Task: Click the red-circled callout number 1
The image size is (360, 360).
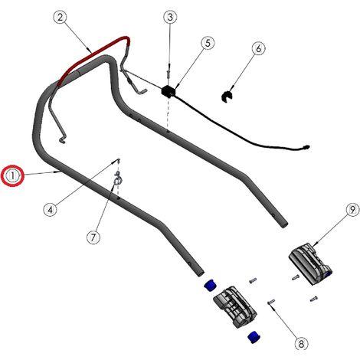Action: [13, 176]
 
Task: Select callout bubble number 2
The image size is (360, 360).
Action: [60, 18]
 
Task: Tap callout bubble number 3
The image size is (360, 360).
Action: [170, 17]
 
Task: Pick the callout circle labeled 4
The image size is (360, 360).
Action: [51, 210]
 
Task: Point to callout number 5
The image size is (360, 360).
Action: [208, 43]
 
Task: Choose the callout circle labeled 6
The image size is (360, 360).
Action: [258, 48]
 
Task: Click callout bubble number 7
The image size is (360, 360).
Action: [93, 237]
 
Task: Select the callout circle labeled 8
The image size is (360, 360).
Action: [301, 343]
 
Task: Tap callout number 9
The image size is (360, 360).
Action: [352, 210]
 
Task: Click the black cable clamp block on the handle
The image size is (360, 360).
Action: [169, 91]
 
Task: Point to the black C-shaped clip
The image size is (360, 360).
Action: [227, 97]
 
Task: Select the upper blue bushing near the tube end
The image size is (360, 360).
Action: [210, 285]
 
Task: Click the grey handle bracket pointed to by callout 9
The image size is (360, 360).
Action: [311, 263]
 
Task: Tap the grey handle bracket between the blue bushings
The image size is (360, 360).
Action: [235, 307]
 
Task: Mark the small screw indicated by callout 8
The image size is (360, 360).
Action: [271, 302]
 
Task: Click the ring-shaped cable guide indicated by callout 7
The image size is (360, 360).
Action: [117, 182]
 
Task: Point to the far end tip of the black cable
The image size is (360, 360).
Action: [308, 147]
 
